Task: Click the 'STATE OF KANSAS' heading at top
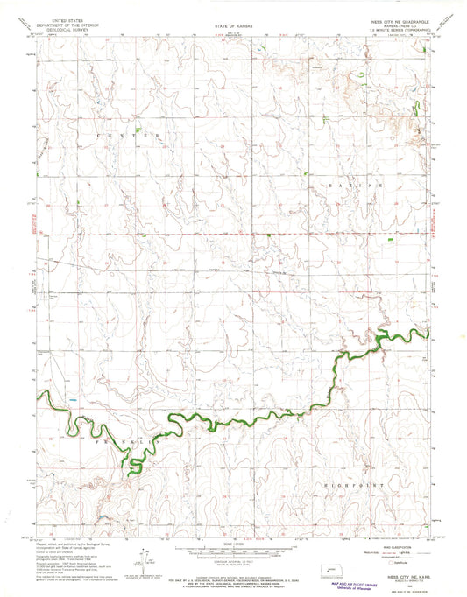point(232,27)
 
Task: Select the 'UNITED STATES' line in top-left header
point(74,17)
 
